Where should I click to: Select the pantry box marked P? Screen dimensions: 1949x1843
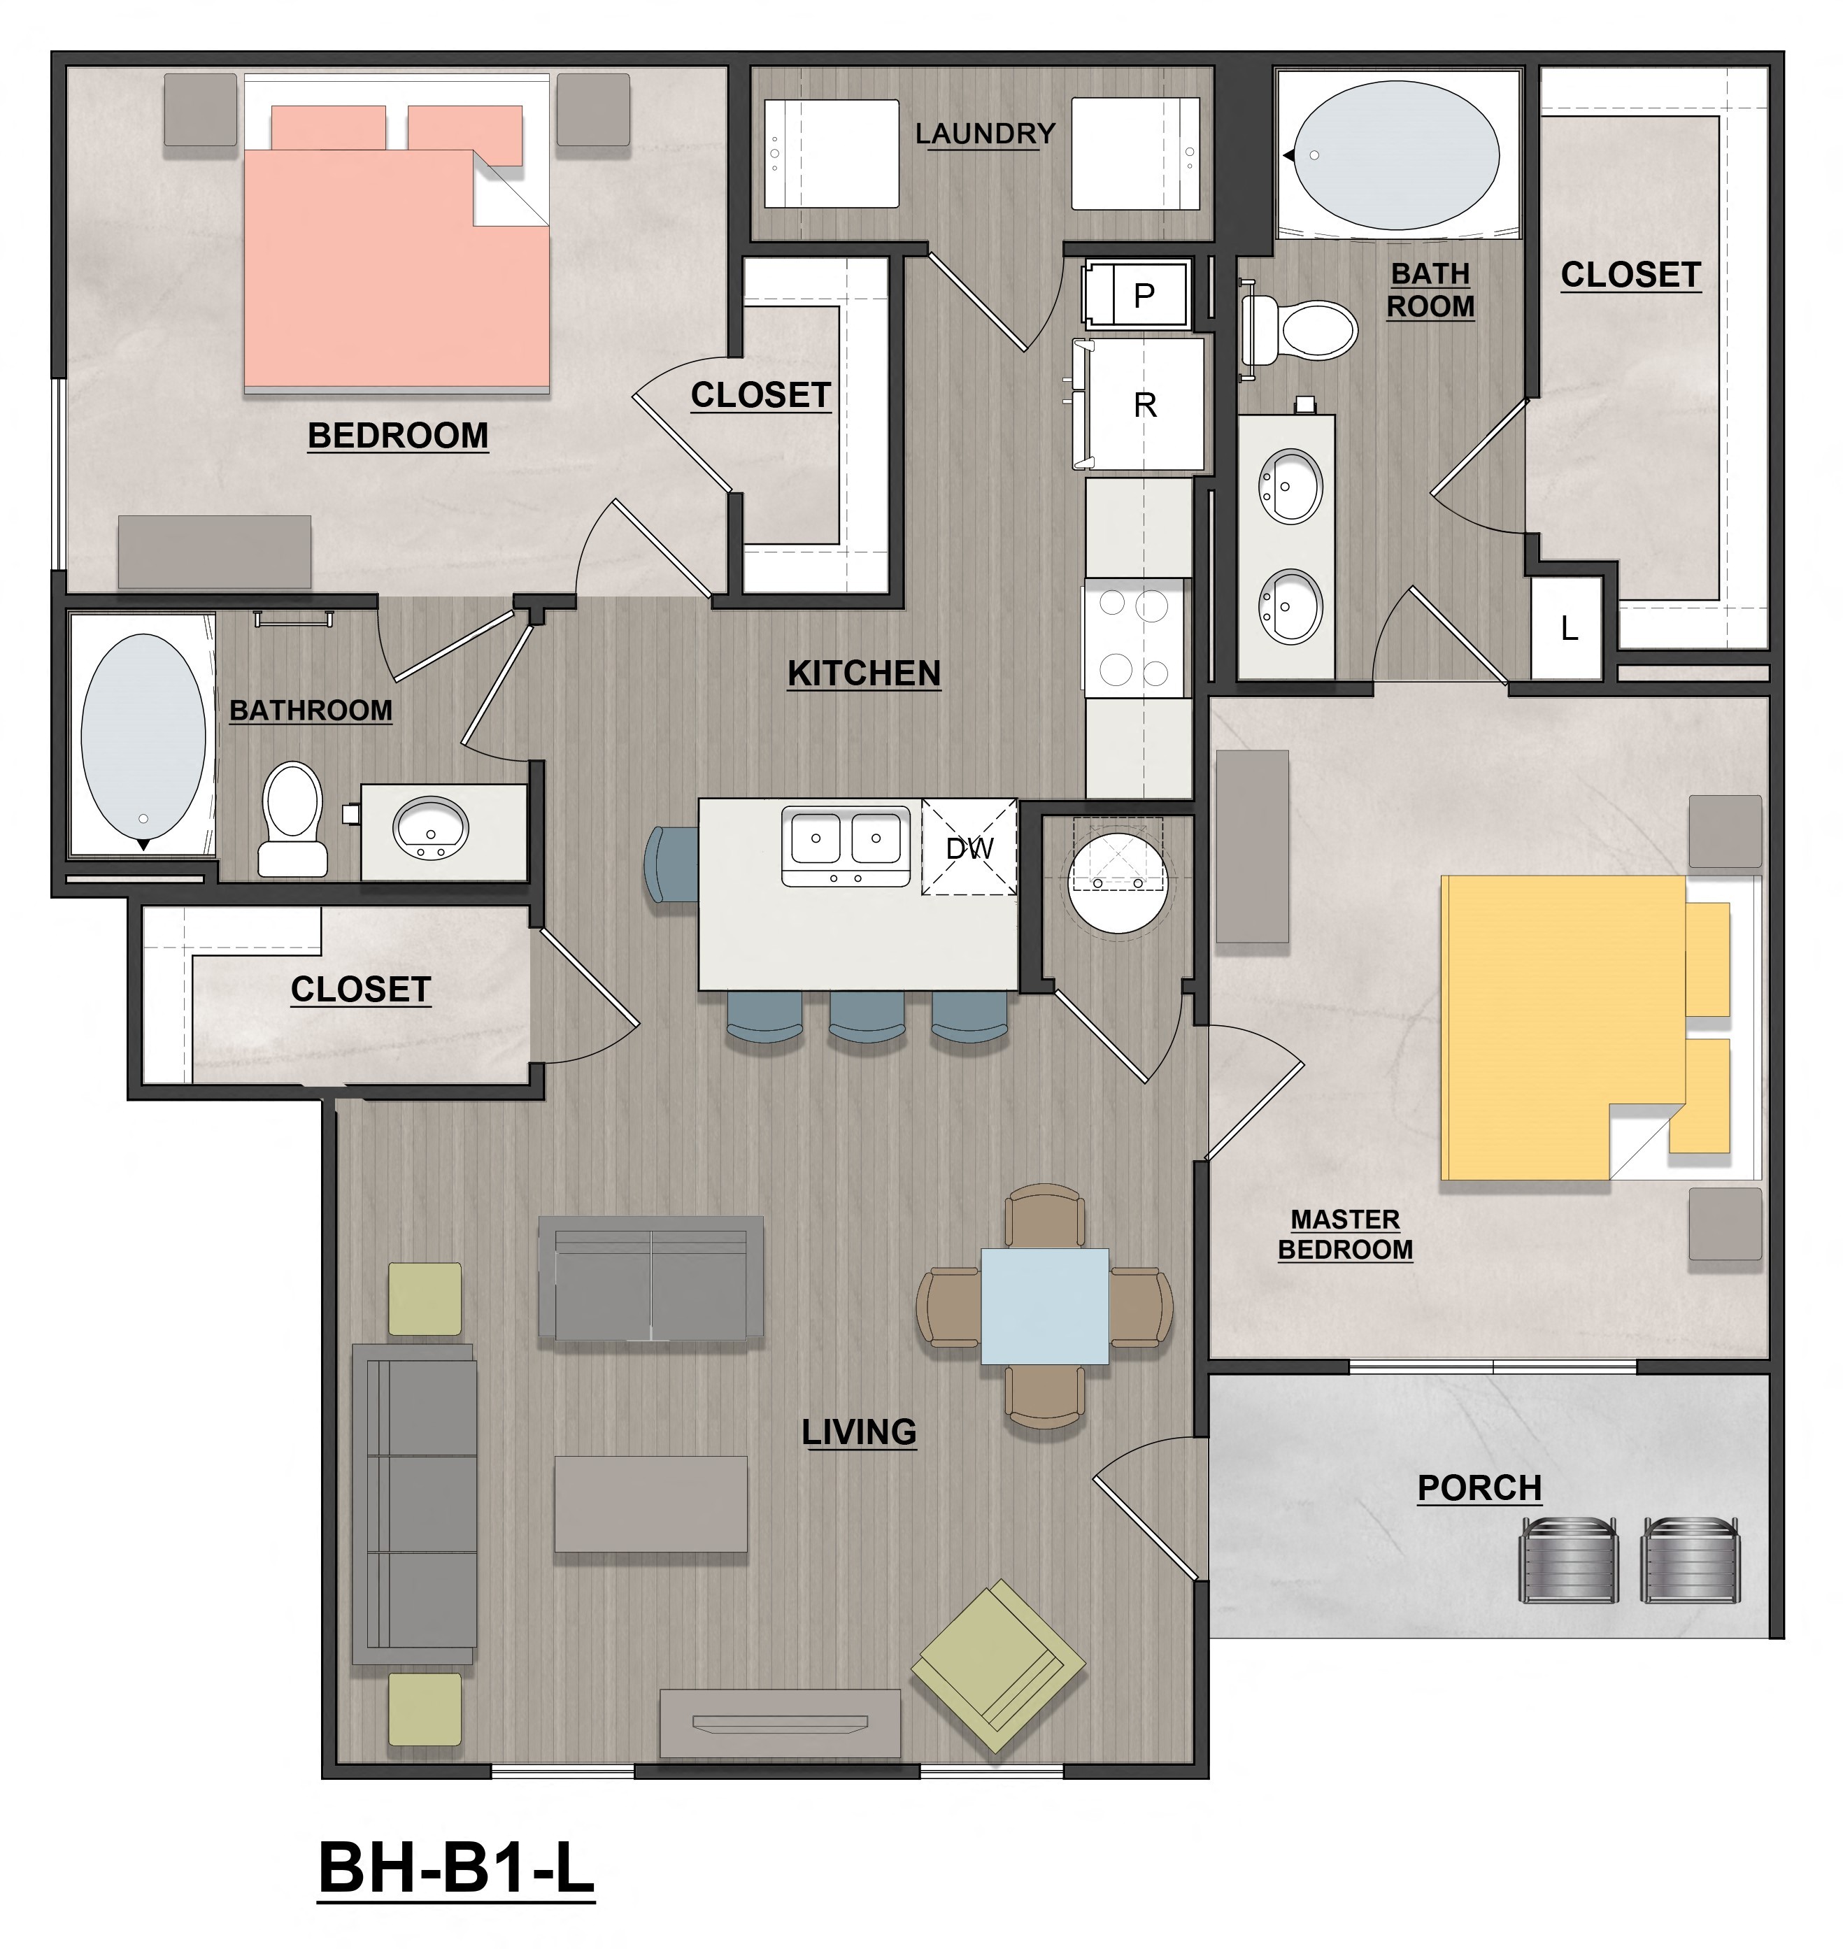click(1139, 294)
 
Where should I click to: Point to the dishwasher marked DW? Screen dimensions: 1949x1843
click(969, 848)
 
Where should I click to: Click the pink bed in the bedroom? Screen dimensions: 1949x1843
click(396, 265)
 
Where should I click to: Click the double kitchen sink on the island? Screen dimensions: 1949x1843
click(846, 845)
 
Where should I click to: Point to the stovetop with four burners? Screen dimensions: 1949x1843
click(1134, 638)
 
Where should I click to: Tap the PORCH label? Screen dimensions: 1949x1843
click(1479, 1488)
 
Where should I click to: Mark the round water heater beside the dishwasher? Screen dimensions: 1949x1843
click(1118, 882)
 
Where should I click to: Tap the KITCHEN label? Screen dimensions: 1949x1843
click(864, 674)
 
